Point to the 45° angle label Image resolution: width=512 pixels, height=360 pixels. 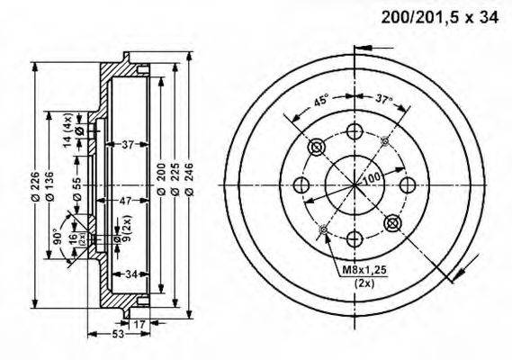[x=319, y=101]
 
